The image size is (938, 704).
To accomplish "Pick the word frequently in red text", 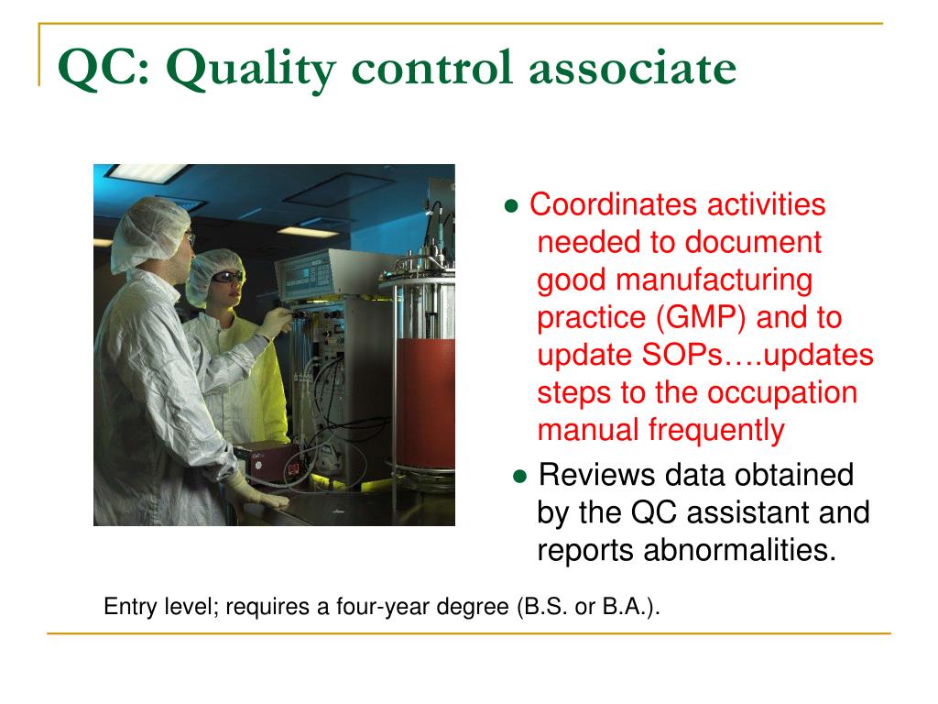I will [x=717, y=430].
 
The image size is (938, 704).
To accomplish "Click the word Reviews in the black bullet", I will [x=596, y=475].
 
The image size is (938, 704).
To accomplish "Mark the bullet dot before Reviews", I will [x=519, y=477].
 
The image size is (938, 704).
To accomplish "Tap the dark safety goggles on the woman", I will [x=226, y=275].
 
